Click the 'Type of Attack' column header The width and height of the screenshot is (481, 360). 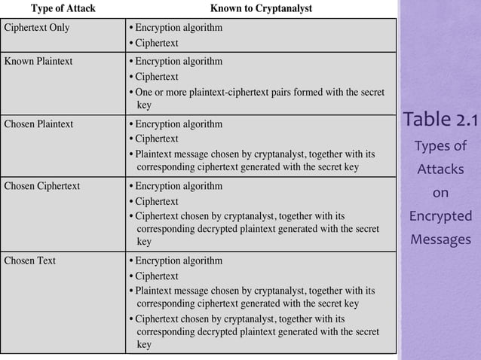click(x=63, y=9)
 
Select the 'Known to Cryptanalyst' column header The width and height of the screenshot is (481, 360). click(x=260, y=9)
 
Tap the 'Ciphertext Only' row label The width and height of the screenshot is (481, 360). click(x=38, y=28)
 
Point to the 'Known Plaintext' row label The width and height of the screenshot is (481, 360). click(x=38, y=61)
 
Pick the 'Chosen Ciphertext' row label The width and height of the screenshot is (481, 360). click(x=42, y=185)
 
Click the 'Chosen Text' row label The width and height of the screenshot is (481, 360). click(x=30, y=261)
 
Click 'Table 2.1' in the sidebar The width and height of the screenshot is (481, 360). click(x=440, y=119)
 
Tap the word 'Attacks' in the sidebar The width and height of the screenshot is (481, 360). click(x=440, y=169)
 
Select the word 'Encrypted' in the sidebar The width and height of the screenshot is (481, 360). click(x=440, y=218)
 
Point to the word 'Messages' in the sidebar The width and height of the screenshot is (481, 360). click(x=440, y=241)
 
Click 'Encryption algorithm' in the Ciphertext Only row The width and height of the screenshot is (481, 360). click(x=179, y=28)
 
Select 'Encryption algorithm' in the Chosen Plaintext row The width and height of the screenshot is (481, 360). click(x=179, y=123)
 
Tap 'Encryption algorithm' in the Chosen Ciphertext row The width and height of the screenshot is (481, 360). click(x=179, y=185)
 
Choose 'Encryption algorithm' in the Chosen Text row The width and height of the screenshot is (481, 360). click(x=179, y=261)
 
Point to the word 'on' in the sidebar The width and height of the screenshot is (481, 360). click(x=440, y=194)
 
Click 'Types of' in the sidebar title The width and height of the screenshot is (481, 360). click(x=440, y=145)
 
